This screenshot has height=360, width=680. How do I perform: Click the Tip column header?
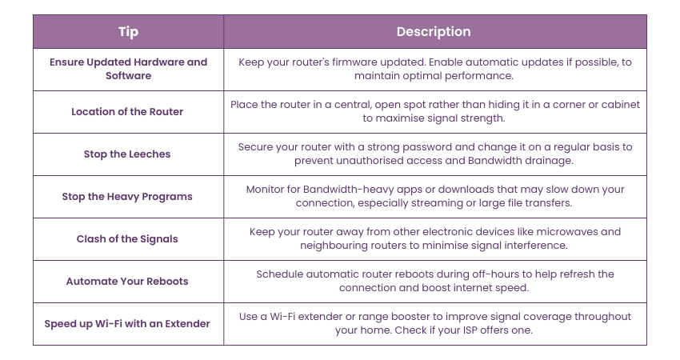point(128,32)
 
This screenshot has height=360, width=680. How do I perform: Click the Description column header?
point(434,32)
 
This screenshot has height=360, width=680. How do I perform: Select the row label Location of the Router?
point(127,111)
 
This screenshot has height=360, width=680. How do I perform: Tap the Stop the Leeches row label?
point(127,154)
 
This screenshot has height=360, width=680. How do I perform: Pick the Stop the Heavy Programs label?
point(127,197)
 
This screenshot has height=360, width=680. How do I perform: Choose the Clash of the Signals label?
point(127,239)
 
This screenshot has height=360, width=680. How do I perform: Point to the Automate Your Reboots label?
point(127,281)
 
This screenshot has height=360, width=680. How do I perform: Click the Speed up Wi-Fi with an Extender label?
point(127,323)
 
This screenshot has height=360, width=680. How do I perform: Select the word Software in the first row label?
point(128,75)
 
